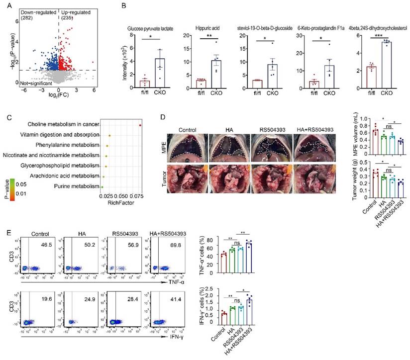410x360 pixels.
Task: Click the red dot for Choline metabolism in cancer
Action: tap(141, 125)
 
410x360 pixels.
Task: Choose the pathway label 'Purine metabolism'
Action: tap(71, 186)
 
